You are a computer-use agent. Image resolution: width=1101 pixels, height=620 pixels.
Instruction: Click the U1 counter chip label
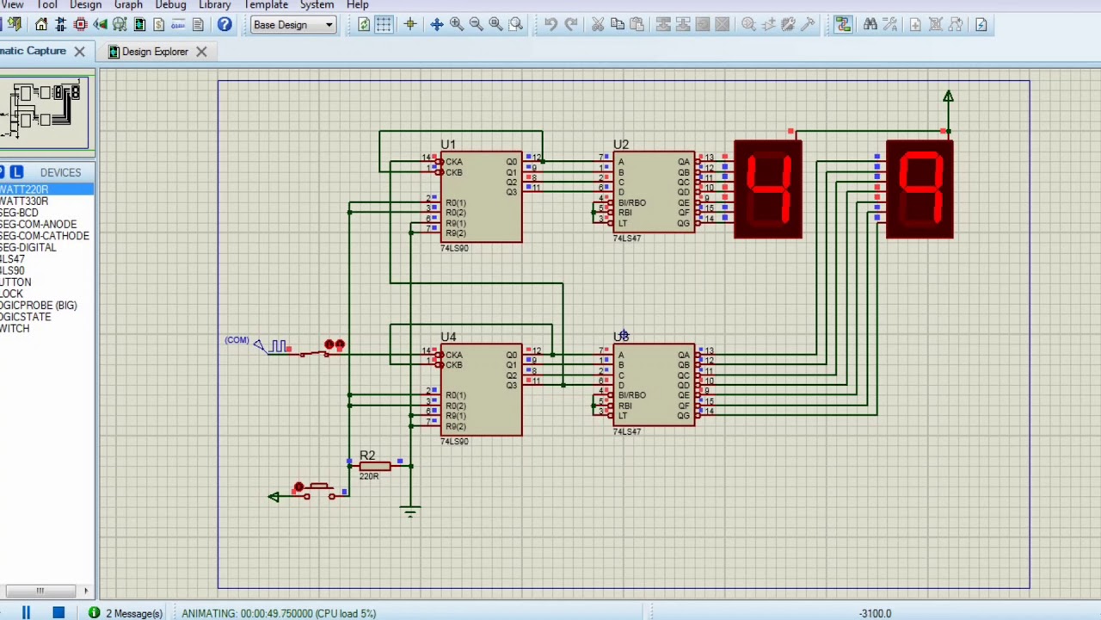pos(448,145)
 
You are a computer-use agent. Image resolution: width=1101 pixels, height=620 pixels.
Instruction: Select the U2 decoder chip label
pos(621,145)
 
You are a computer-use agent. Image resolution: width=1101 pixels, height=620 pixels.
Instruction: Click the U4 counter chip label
pos(448,338)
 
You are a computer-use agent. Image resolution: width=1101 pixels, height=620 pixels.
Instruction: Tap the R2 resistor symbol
pos(376,466)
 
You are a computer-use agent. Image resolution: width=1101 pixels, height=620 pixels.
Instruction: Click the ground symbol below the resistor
pos(410,512)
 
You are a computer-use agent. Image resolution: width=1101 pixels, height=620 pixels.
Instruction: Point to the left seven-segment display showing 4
pos(768,189)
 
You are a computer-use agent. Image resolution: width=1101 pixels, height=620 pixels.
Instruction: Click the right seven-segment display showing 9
pos(920,189)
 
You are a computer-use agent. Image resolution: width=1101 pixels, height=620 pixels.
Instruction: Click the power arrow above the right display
pos(948,97)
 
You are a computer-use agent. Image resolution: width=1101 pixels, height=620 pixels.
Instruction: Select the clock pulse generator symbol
pos(277,346)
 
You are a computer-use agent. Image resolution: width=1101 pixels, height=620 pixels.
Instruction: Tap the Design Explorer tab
pos(155,52)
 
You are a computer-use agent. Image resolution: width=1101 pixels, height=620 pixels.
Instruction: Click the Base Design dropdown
pos(292,25)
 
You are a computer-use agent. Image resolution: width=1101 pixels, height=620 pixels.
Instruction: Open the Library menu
pos(214,5)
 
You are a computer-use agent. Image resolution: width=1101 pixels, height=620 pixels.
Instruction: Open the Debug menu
pos(170,5)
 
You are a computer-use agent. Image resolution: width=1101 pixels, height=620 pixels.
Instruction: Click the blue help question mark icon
pos(225,25)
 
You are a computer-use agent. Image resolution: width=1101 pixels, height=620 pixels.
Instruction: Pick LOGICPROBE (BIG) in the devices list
pos(39,306)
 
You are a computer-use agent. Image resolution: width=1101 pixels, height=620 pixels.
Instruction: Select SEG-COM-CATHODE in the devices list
pos(45,236)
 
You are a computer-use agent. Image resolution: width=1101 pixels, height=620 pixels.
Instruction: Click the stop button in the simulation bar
pos(58,613)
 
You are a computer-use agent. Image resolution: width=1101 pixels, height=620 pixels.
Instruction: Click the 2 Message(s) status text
pos(133,613)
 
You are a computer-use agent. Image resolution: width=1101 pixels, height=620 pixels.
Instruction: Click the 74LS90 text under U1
pos(454,249)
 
